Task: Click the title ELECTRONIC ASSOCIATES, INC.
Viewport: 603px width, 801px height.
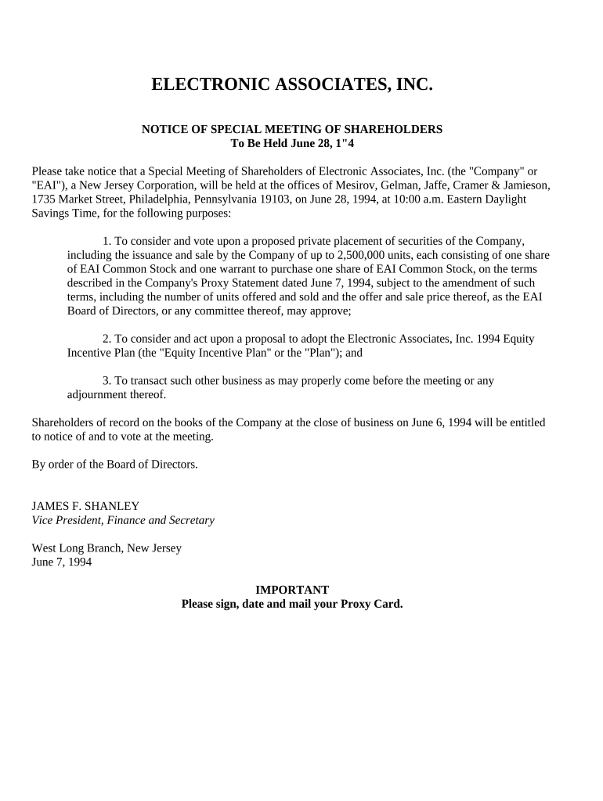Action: [291, 85]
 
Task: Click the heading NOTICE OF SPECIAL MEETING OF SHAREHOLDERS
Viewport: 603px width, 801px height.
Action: [291, 129]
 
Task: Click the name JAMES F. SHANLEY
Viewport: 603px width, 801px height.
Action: [85, 506]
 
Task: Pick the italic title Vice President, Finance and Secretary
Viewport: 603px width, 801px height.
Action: [123, 520]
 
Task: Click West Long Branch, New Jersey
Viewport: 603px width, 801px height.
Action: [107, 548]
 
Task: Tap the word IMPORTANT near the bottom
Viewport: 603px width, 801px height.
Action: [292, 590]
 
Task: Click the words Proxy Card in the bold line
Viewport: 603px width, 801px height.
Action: [374, 604]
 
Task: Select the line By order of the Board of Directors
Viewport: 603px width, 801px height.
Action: [115, 464]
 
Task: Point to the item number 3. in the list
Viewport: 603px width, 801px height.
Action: [107, 381]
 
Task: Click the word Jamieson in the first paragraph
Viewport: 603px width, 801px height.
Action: [524, 185]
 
